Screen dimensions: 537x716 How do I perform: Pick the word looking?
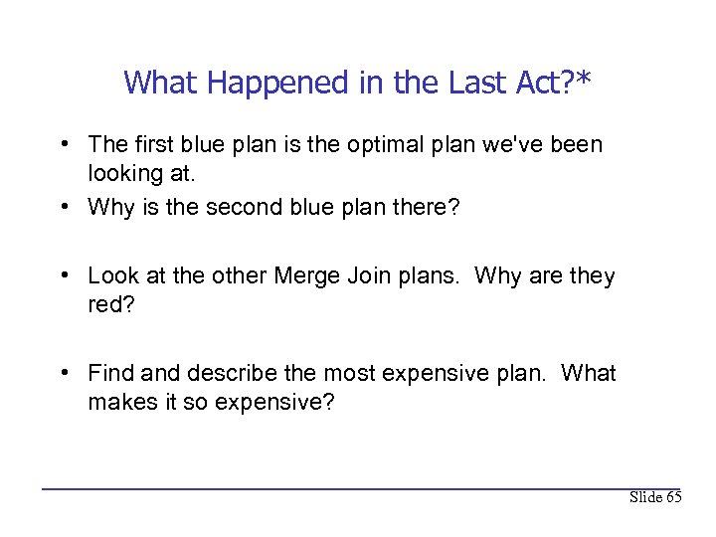point(125,174)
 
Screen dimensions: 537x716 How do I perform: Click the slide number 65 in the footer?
point(673,497)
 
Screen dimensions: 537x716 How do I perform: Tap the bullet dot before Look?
point(64,275)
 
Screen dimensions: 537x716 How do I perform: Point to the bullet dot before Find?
point(64,373)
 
